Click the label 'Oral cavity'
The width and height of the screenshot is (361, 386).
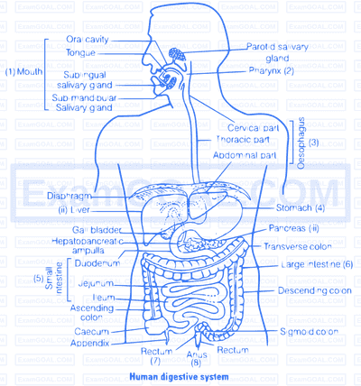pyautogui.click(x=88, y=40)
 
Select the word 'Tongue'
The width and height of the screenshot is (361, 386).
pyautogui.click(x=80, y=53)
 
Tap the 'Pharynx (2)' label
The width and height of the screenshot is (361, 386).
pyautogui.click(x=272, y=71)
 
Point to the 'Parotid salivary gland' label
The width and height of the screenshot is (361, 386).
pyautogui.click(x=277, y=52)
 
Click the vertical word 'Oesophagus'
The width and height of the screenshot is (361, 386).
pyautogui.click(x=301, y=143)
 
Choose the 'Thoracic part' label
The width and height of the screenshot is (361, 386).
pyautogui.click(x=243, y=140)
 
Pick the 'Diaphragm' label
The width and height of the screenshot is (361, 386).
pyautogui.click(x=69, y=196)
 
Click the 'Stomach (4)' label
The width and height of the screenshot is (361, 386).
pyautogui.click(x=301, y=207)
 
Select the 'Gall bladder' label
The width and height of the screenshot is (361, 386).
pyautogui.click(x=97, y=230)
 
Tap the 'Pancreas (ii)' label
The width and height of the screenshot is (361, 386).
pyautogui.click(x=294, y=228)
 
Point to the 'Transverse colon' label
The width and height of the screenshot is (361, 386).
pyautogui.click(x=298, y=247)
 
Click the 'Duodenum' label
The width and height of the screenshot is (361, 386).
pyautogui.click(x=97, y=263)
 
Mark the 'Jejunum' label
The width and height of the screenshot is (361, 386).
pyautogui.click(x=96, y=283)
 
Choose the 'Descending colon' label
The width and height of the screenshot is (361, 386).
pyautogui.click(x=315, y=290)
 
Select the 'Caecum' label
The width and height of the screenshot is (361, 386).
pyautogui.click(x=92, y=332)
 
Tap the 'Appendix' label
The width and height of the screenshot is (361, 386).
pyautogui.click(x=89, y=343)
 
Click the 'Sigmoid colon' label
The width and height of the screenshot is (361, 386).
pyautogui.click(x=309, y=332)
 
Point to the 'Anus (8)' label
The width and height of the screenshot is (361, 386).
pyautogui.click(x=197, y=359)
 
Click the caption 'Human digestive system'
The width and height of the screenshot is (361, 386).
pyautogui.click(x=180, y=377)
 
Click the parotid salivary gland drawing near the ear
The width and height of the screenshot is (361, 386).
pyautogui.click(x=177, y=55)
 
